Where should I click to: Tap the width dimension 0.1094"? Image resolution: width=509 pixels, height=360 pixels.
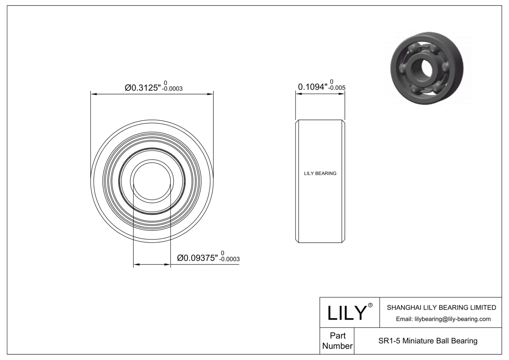pos(312,87)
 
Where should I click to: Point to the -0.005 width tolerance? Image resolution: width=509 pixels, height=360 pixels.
pos(337,88)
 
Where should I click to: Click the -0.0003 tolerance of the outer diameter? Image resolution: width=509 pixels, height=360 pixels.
pos(172,89)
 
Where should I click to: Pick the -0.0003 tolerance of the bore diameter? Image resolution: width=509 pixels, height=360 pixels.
pos(229,259)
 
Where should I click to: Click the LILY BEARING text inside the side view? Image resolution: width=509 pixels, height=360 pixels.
pos(320,173)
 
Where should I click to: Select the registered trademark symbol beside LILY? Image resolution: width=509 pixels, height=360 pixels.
pos(370,305)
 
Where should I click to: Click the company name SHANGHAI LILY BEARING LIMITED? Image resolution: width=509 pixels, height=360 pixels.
pos(441,308)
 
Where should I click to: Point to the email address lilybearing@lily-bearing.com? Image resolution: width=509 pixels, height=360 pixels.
pos(443,319)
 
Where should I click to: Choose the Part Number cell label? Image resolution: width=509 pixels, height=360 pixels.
pos(337,341)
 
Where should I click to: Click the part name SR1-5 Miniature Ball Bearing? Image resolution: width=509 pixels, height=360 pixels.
pos(428,341)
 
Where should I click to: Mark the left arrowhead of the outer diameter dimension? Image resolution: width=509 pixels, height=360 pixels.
pos(93,94)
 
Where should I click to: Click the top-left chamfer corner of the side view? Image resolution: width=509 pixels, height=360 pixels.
pos(297,121)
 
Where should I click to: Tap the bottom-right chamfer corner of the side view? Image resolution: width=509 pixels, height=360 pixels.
pos(344,241)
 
